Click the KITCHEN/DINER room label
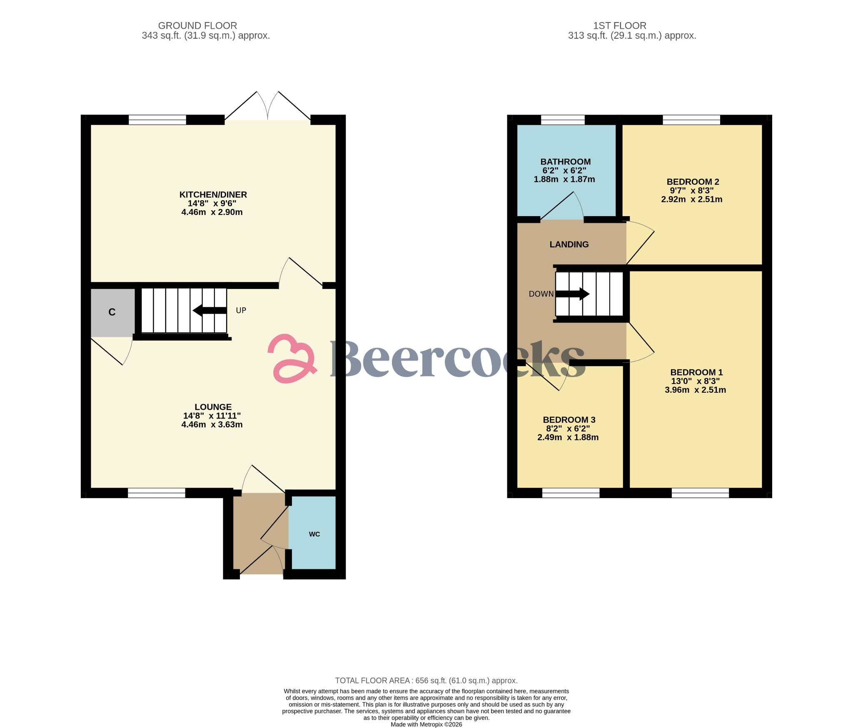[213, 194]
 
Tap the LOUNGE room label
[213, 407]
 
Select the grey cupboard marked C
[112, 312]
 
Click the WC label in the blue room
[314, 534]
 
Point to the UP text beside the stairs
[241, 310]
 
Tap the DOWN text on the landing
[541, 294]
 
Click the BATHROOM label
[565, 162]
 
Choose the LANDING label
[569, 244]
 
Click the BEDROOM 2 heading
[693, 182]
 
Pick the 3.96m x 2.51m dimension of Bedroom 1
[695, 390]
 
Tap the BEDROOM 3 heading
[569, 420]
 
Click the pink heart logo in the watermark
[292, 359]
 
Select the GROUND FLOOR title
[197, 26]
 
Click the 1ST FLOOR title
[619, 26]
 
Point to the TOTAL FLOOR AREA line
[426, 681]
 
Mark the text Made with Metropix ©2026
[426, 724]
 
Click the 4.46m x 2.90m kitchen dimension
[212, 212]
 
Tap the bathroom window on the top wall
[563, 120]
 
